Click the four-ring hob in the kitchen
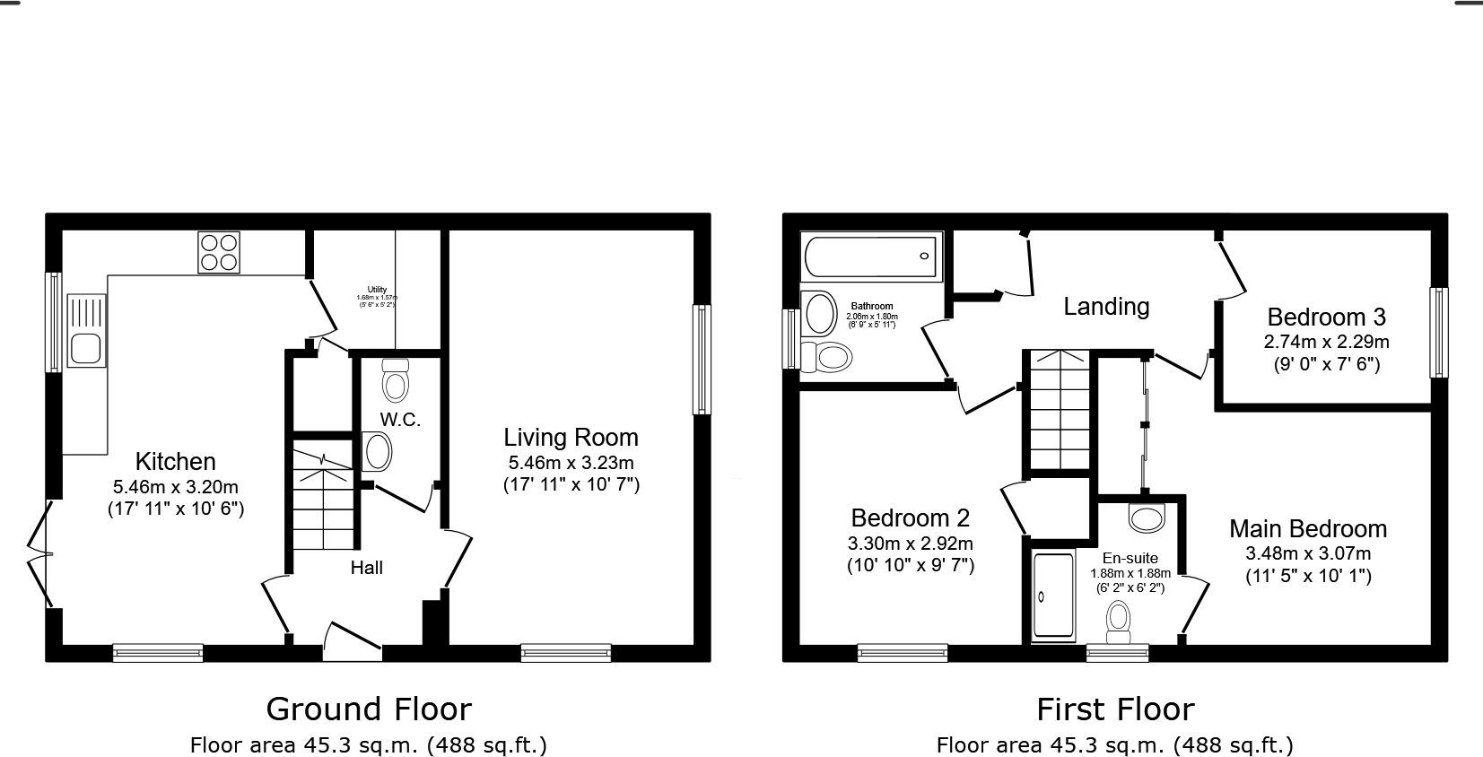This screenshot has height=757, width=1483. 220,252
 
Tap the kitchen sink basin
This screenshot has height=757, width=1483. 85,348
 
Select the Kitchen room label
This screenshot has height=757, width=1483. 175,462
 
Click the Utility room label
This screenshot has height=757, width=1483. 377,290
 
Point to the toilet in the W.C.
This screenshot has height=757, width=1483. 395,382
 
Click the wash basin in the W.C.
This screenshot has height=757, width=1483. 377,452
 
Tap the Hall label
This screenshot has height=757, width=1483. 366,568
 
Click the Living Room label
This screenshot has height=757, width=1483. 571,438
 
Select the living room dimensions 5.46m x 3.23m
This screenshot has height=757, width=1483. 571,464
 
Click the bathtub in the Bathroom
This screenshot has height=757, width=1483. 870,257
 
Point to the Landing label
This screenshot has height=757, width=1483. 1106,307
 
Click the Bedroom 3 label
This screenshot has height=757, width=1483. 1326,318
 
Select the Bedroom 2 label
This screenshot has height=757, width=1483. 910,518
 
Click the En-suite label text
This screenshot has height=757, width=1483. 1130,558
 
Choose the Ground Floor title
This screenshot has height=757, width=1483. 369,709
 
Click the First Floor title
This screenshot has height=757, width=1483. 1115,709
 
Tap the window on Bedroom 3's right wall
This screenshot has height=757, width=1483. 1438,332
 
